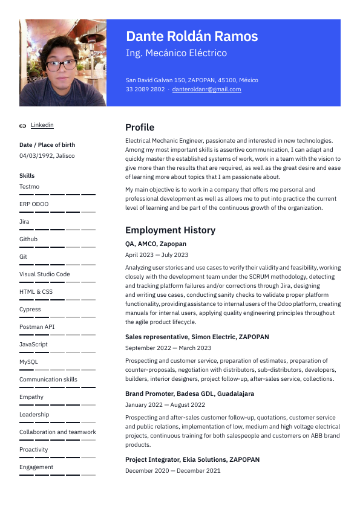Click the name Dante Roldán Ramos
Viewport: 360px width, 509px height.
point(192,36)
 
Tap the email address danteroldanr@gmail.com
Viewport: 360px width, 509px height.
point(206,89)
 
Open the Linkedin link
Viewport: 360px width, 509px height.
point(42,125)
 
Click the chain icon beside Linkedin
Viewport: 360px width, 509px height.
point(23,126)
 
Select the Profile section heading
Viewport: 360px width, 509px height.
point(140,128)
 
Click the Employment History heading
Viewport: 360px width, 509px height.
point(170,230)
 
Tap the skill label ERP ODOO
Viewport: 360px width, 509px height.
point(34,204)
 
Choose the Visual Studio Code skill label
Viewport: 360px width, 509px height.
point(45,274)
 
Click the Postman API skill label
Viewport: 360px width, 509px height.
point(37,327)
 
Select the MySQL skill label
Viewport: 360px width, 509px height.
point(28,362)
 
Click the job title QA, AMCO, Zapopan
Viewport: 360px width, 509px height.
point(155,244)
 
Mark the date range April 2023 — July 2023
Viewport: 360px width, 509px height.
point(157,255)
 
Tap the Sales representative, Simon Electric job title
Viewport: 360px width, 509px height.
point(197,337)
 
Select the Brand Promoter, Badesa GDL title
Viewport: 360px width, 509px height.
point(189,394)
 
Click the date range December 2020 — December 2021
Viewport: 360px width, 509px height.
point(173,471)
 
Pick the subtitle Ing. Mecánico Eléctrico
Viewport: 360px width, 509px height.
point(176,53)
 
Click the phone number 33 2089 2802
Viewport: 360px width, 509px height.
point(145,89)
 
